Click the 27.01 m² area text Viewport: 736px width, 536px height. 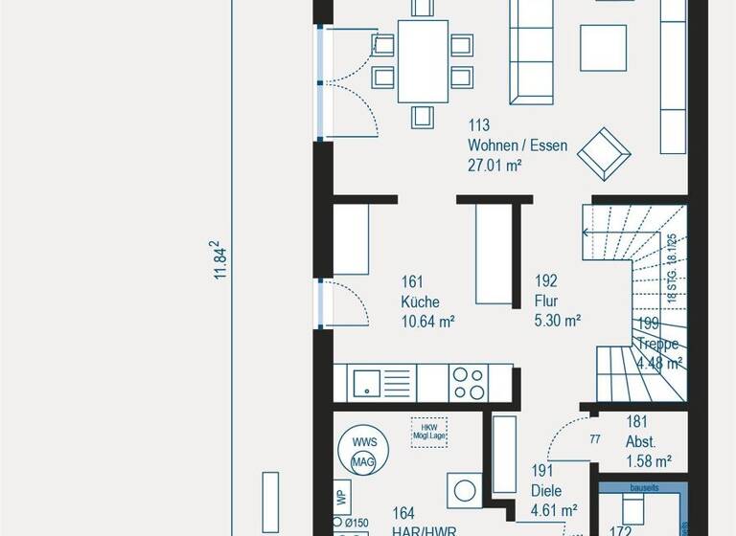pos(494,166)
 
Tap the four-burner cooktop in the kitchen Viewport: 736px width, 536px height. pos(469,384)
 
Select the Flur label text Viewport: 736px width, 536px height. pos(547,302)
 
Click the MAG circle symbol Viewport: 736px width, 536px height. pos(364,464)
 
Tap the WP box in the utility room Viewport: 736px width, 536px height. pos(340,499)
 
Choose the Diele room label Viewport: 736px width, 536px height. pos(546,491)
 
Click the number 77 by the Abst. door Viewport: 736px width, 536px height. pos(594,440)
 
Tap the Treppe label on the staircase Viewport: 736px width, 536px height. pos(659,345)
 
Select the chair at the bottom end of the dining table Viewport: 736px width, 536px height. pos(423,116)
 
